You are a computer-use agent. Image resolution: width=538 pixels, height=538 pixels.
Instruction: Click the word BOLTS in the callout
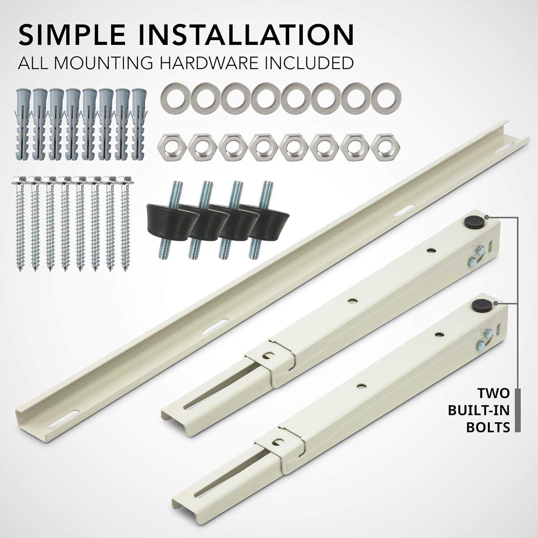tap(488, 427)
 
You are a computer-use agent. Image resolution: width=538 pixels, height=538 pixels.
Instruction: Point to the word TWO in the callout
tap(494, 393)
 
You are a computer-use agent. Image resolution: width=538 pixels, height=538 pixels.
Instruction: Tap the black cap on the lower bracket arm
tap(477, 306)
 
